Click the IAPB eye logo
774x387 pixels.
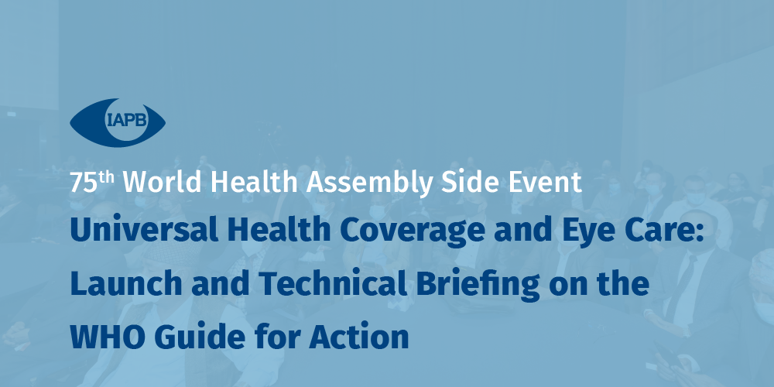[x=118, y=122]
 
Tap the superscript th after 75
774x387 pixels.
[x=106, y=178]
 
